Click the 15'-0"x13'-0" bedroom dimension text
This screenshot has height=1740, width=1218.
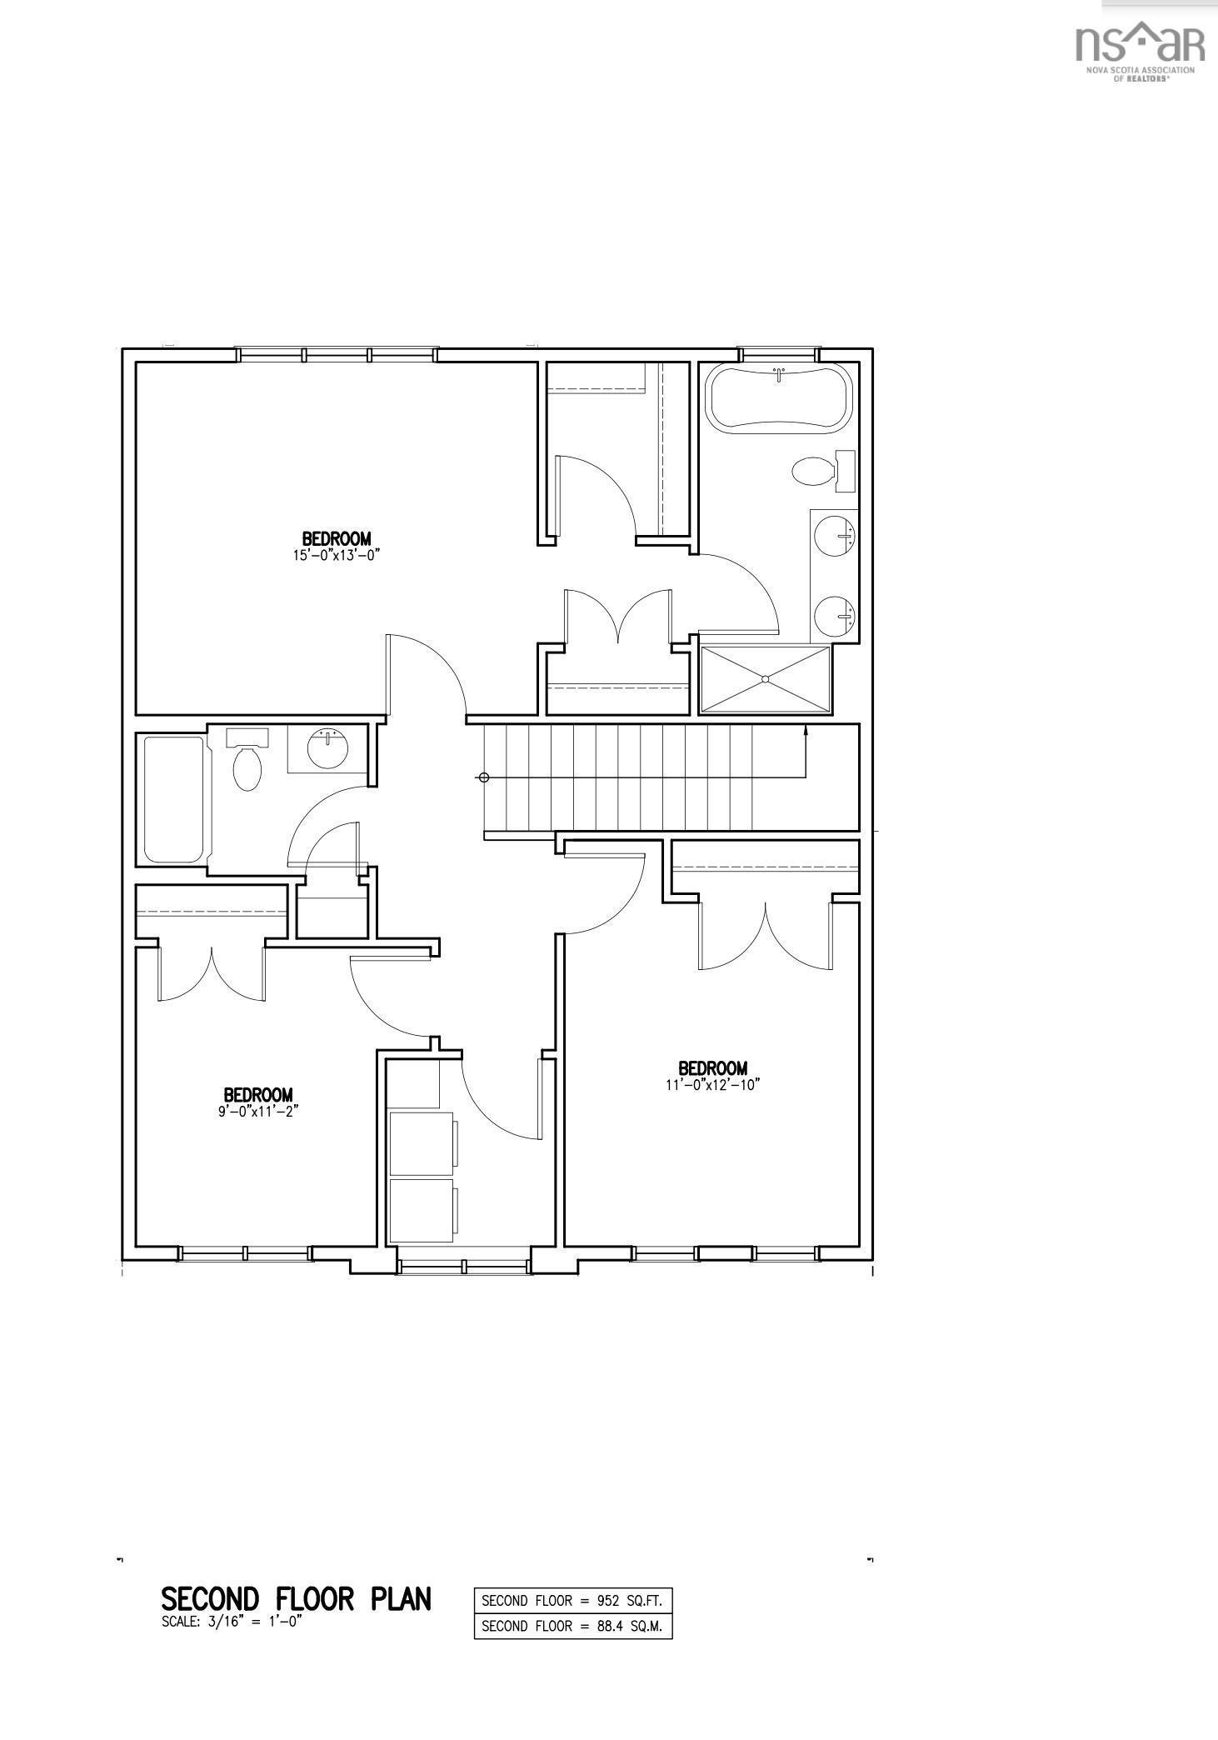pyautogui.click(x=336, y=555)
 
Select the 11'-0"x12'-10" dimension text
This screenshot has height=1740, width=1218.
pyautogui.click(x=712, y=1084)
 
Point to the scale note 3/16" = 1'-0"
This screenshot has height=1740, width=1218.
pyautogui.click(x=231, y=1622)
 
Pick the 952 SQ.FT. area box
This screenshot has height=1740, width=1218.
pyautogui.click(x=572, y=1600)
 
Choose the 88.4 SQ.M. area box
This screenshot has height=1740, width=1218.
pyautogui.click(x=572, y=1626)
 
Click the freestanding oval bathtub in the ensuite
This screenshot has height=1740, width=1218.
pyautogui.click(x=779, y=397)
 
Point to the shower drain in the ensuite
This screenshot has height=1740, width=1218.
pyautogui.click(x=765, y=679)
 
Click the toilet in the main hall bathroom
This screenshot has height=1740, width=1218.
pyautogui.click(x=247, y=766)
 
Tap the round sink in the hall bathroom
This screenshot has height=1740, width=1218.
pyautogui.click(x=328, y=747)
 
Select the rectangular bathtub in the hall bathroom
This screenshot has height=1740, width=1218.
pyautogui.click(x=174, y=799)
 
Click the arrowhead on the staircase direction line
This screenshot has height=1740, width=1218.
pyautogui.click(x=806, y=731)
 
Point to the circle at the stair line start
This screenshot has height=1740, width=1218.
pyautogui.click(x=482, y=777)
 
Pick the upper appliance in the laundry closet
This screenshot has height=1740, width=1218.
pyautogui.click(x=422, y=1141)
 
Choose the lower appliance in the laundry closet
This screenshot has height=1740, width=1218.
pyautogui.click(x=422, y=1210)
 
